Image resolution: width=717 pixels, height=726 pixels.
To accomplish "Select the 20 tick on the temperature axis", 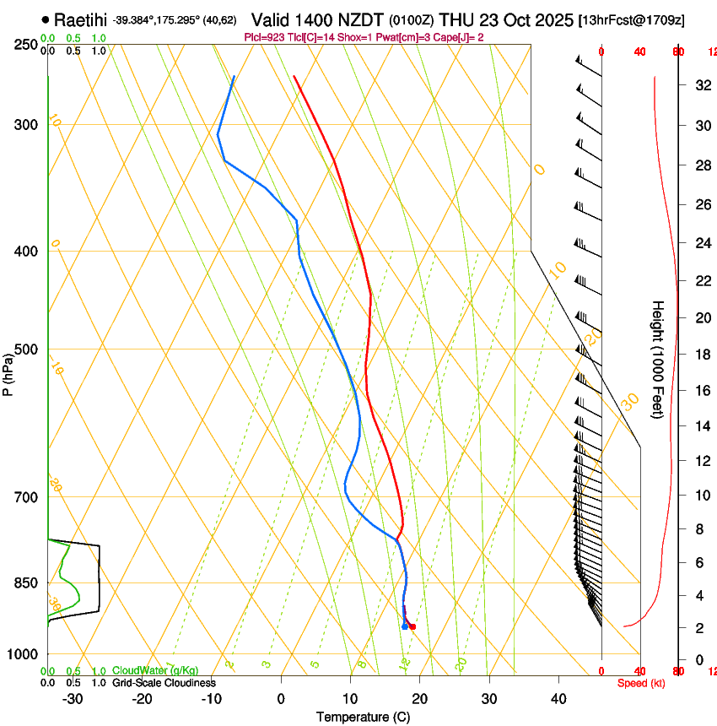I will pyautogui.click(x=419, y=699).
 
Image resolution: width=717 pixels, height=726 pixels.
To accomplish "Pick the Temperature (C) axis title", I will pyautogui.click(x=363, y=717).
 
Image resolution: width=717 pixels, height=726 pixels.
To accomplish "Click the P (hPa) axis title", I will pyautogui.click(x=8, y=372).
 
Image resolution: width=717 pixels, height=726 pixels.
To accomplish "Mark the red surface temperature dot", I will pyautogui.click(x=412, y=626).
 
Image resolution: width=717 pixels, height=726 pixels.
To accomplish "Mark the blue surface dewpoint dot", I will pyautogui.click(x=405, y=626).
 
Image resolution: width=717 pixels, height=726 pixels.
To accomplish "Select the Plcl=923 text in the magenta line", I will pyautogui.click(x=263, y=37).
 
